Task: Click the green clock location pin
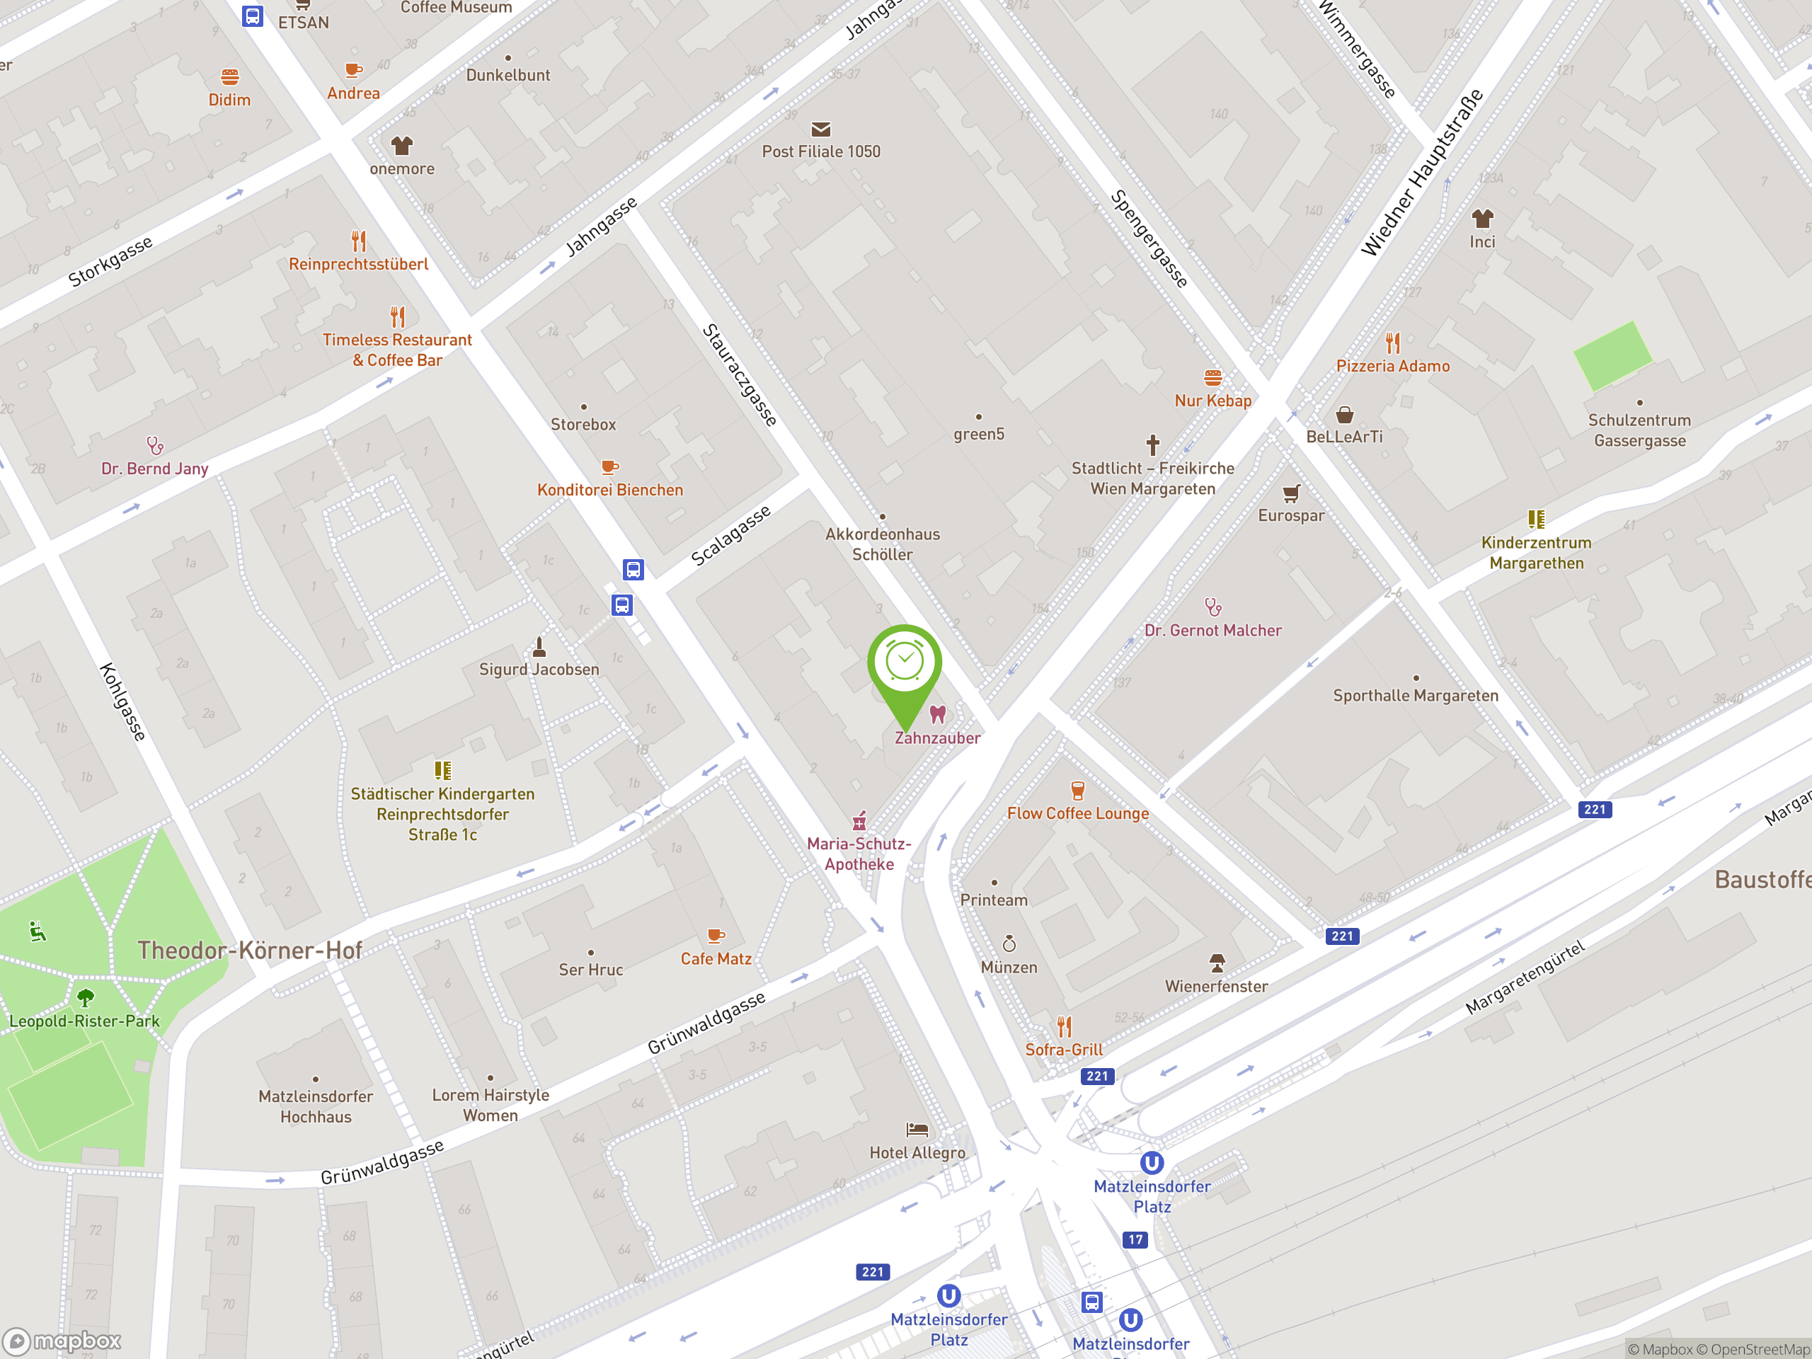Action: (x=905, y=663)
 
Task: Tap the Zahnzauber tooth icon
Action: (x=937, y=714)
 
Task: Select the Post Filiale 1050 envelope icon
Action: (x=821, y=130)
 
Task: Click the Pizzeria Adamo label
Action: (x=1392, y=366)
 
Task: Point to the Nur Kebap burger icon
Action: (x=1212, y=378)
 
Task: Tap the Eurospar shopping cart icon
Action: (x=1291, y=493)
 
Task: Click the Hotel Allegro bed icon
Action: (x=917, y=1130)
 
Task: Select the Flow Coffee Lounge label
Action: (x=1077, y=813)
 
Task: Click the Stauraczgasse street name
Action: (x=739, y=375)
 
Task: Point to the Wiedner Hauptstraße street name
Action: (x=1421, y=173)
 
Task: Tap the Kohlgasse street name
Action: (x=123, y=702)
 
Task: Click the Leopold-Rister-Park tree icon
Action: (x=85, y=997)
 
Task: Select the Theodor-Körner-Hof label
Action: (x=249, y=950)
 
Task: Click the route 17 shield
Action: (x=1135, y=1239)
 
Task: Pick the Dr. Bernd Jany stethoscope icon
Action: (x=155, y=446)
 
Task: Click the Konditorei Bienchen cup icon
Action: (x=609, y=467)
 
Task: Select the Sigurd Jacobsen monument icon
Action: (x=539, y=647)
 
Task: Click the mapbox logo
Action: (x=62, y=1341)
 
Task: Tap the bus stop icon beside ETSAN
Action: (x=252, y=16)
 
